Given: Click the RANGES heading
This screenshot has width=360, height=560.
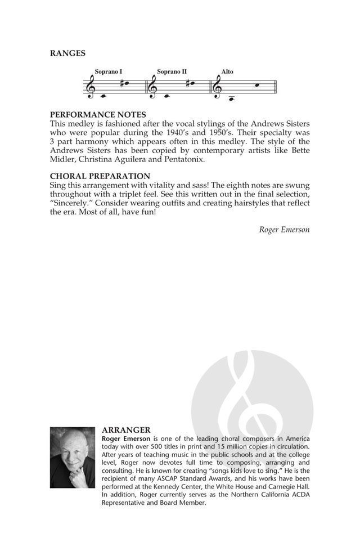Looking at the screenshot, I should pos(67,53).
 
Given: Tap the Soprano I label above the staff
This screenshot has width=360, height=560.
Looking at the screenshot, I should pos(109,72).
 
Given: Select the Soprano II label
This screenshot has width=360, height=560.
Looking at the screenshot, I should pos(172,72).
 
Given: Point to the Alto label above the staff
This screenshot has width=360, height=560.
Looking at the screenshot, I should pos(227,72).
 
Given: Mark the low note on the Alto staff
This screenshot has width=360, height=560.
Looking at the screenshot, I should pos(231,98).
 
